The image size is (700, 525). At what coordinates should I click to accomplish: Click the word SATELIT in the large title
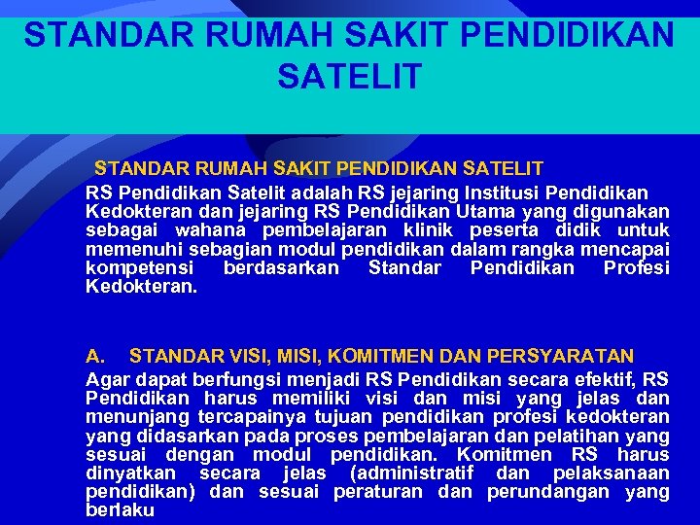point(349,75)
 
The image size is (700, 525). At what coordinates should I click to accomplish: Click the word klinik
point(431,230)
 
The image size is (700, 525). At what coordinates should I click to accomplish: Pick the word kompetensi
point(140,267)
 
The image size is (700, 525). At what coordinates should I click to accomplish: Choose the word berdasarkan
point(281,267)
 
